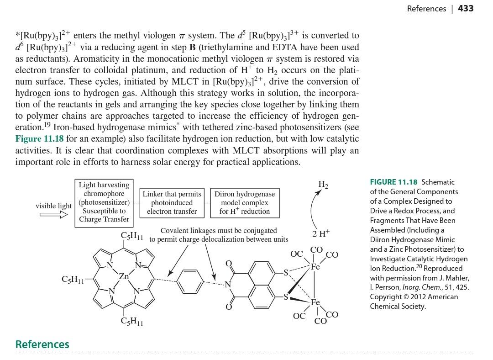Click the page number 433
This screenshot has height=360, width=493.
466,9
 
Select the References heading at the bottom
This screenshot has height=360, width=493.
42,344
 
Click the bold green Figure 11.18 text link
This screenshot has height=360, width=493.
41,139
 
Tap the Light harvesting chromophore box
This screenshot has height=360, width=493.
104,202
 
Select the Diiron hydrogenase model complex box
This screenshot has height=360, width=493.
244,202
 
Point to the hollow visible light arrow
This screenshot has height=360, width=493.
53,214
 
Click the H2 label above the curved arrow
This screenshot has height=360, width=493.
323,185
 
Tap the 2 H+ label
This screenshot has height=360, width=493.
321,233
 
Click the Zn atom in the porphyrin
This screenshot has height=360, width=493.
124,276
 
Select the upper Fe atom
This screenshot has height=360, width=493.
315,267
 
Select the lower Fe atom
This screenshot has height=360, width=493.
315,302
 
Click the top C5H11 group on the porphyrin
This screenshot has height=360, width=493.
132,236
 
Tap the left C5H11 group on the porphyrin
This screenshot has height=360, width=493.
73,279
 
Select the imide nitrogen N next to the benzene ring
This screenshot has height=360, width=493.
228,285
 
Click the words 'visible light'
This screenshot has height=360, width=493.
53,206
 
